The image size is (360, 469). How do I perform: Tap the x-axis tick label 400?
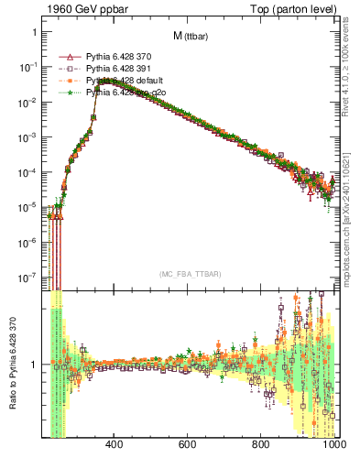pyautogui.click(x=115, y=445)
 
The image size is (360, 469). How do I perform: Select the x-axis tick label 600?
pyautogui.click(x=188, y=445)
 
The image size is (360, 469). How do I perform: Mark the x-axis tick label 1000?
pyautogui.click(x=332, y=445)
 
